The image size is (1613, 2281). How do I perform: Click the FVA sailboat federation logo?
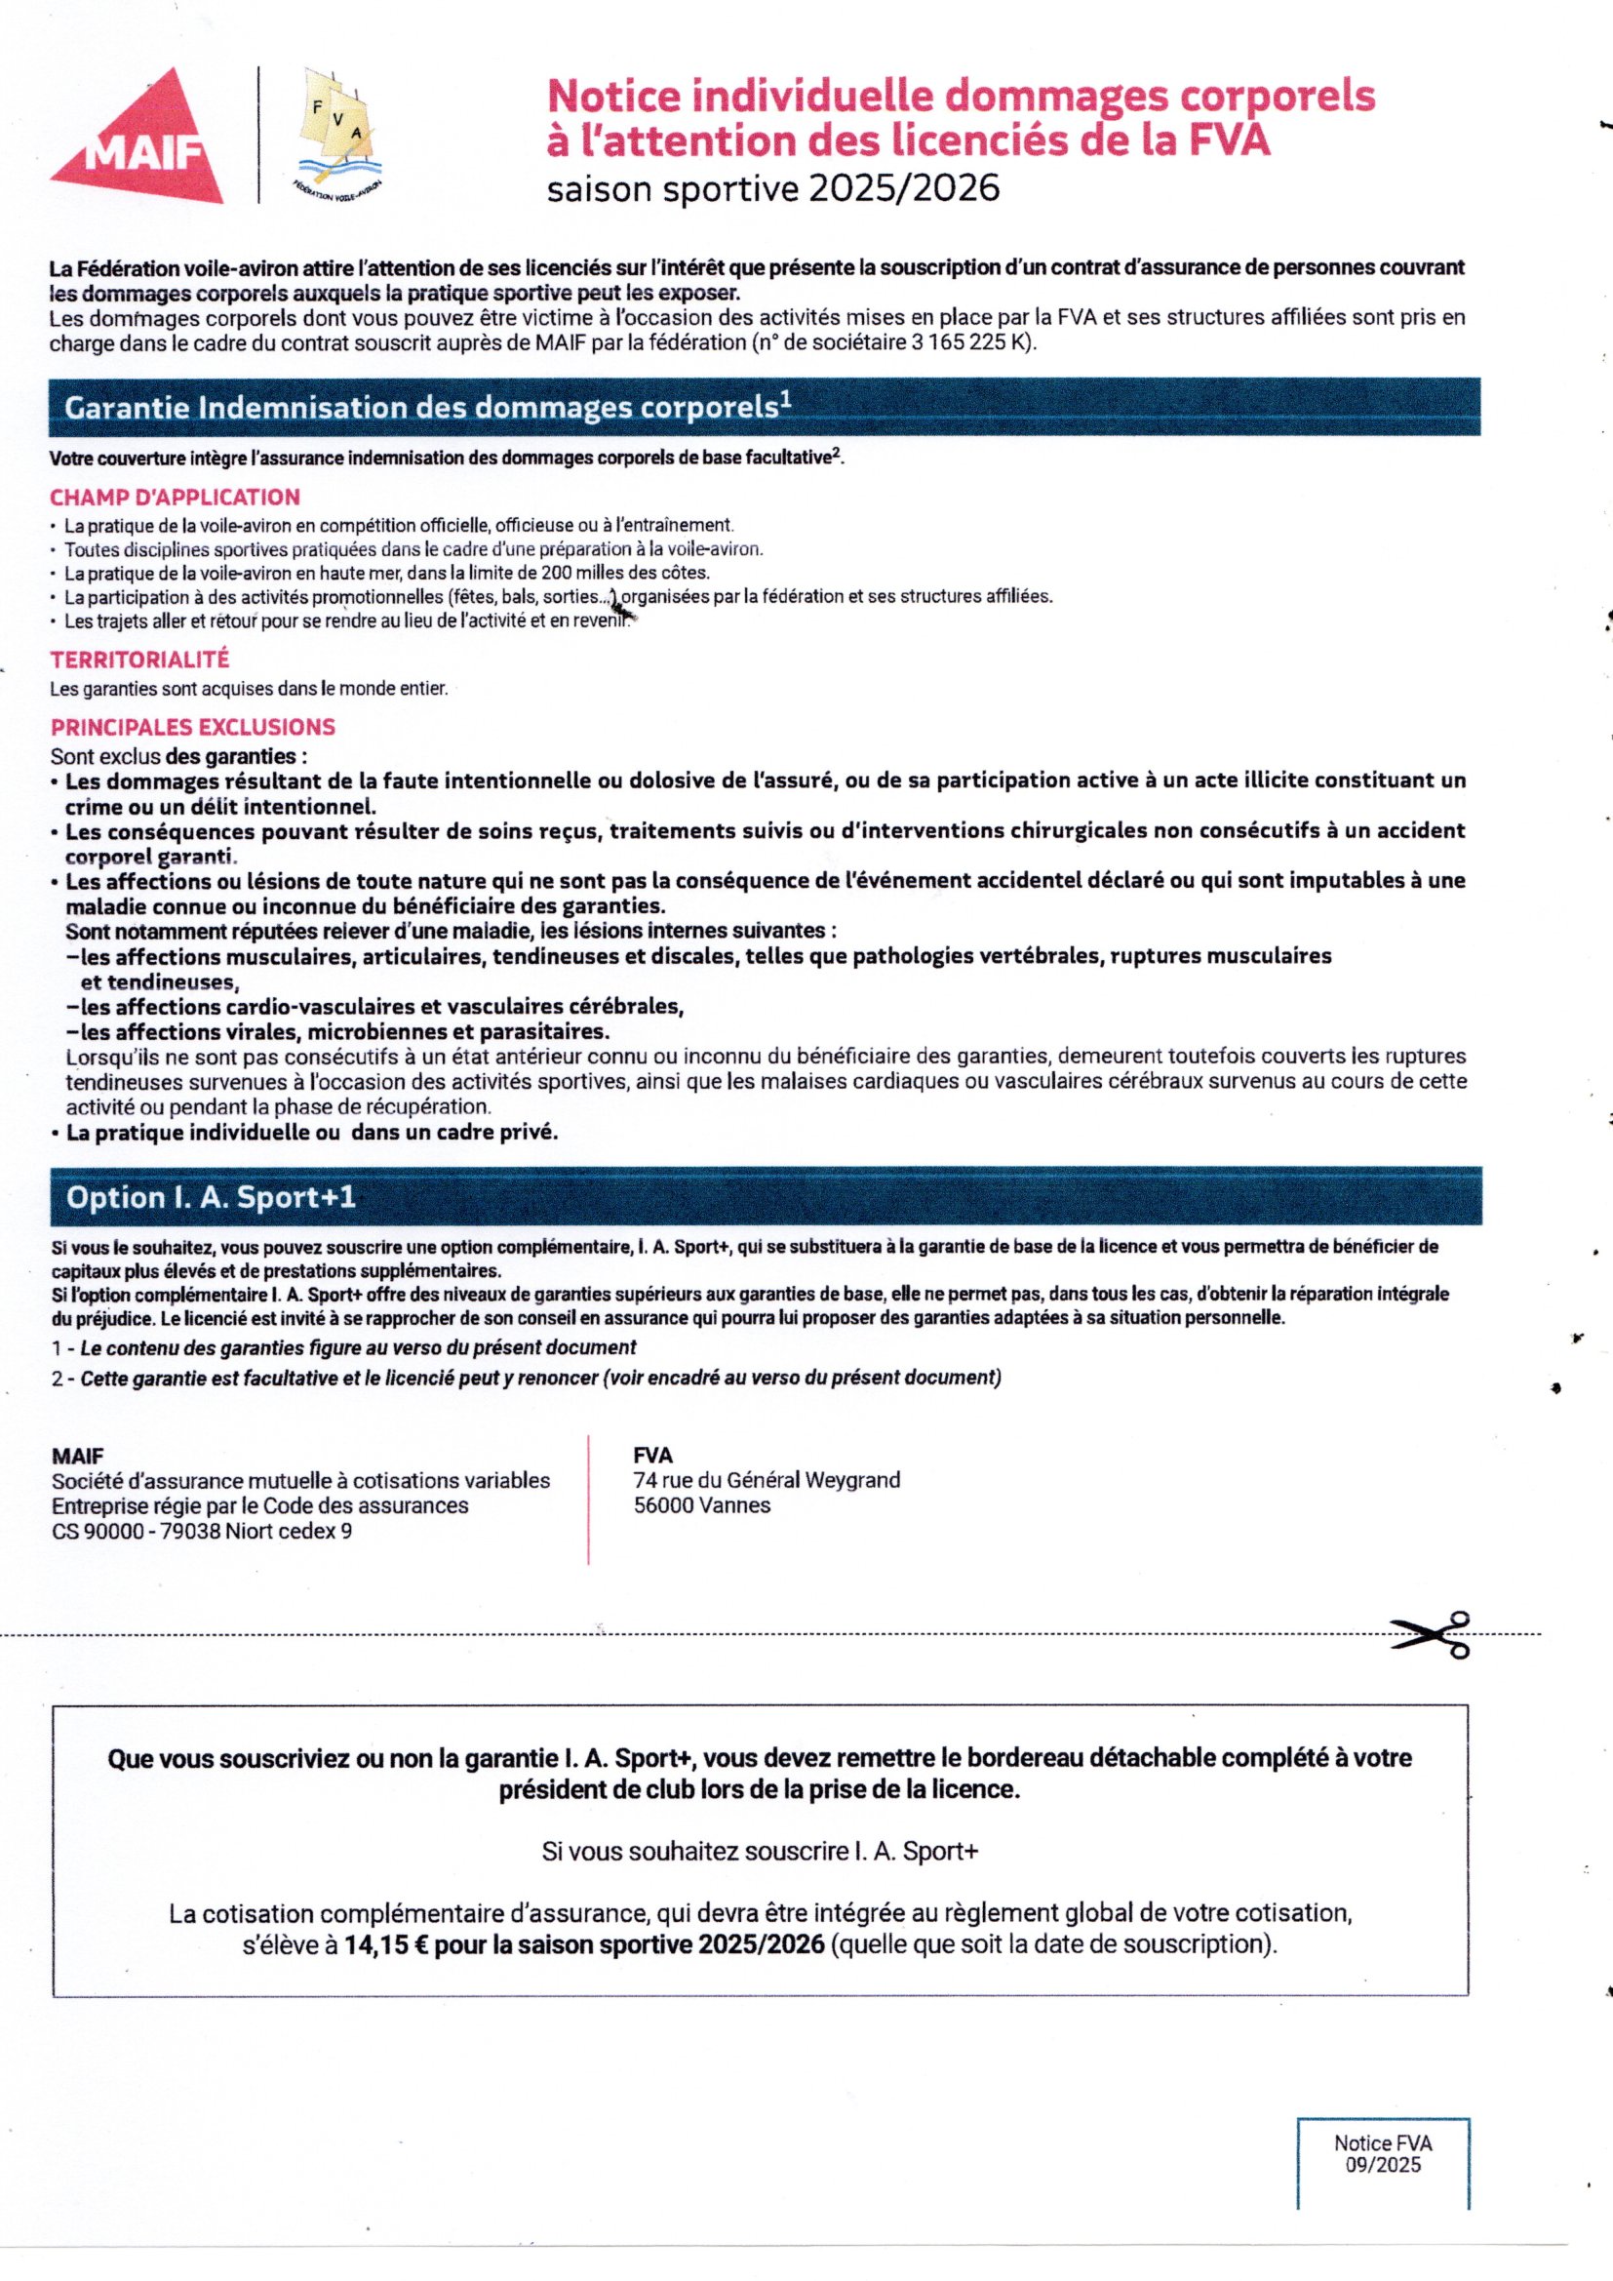342,134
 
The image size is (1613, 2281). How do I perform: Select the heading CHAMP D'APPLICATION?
175,497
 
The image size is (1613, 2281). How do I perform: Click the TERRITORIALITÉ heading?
140,659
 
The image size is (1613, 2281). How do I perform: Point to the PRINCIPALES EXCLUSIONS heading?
193,727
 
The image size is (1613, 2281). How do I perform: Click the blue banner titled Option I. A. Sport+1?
765,1197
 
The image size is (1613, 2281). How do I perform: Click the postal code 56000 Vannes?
701,1505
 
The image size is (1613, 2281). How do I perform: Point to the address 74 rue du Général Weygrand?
767,1480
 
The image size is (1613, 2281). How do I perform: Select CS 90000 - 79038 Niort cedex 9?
202,1531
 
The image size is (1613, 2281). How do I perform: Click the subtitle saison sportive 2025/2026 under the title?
772,187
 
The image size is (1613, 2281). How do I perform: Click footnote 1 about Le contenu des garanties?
343,1348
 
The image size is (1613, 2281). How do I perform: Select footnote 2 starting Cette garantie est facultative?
527,1378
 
